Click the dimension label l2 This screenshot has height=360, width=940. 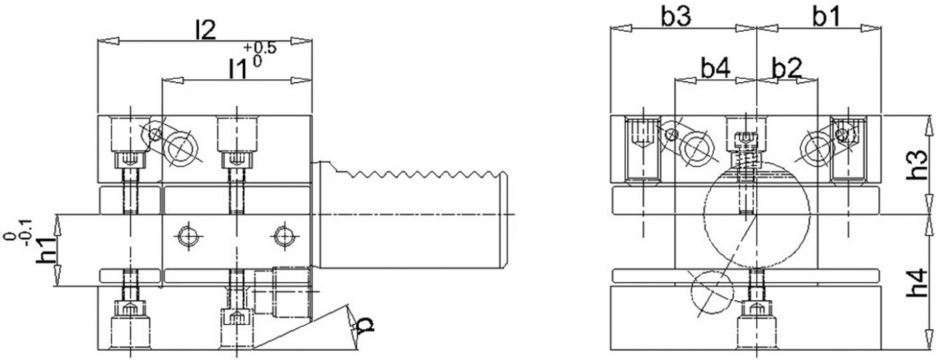pyautogui.click(x=205, y=31)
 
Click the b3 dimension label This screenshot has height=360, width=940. pyautogui.click(x=676, y=17)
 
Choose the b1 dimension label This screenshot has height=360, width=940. pyautogui.click(x=826, y=17)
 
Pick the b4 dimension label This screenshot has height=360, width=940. pyautogui.click(x=715, y=69)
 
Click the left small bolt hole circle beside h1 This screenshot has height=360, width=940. pyautogui.click(x=188, y=237)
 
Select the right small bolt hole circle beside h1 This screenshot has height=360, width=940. pyautogui.click(x=284, y=237)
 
